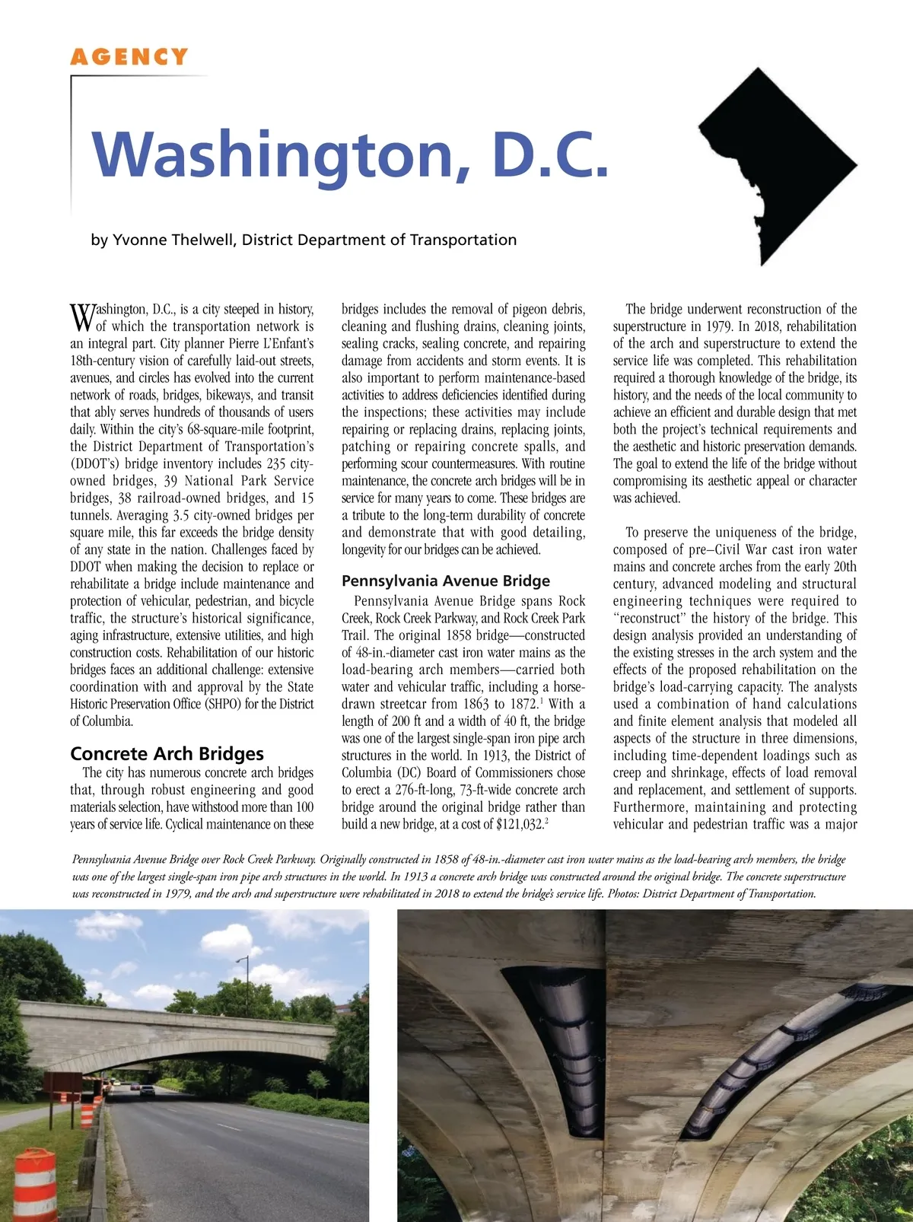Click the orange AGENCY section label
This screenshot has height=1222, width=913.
[129, 57]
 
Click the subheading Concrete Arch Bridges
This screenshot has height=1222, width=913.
[167, 753]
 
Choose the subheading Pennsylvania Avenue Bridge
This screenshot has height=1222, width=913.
[445, 581]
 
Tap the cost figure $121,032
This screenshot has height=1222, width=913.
[518, 825]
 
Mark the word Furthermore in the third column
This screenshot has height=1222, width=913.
[650, 807]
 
